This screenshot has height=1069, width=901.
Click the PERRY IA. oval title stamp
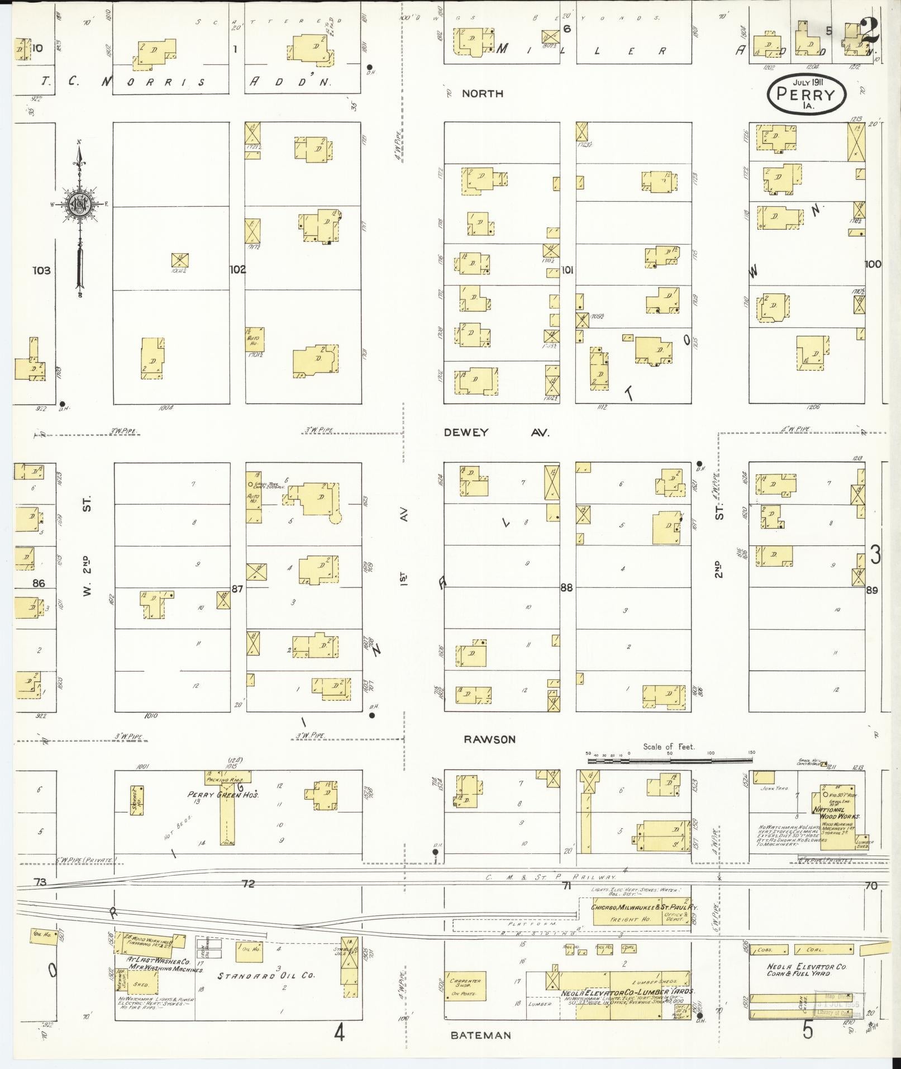point(807,94)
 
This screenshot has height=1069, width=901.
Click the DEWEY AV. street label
point(497,433)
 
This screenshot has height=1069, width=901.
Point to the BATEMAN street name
point(481,1035)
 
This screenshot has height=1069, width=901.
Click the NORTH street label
point(483,93)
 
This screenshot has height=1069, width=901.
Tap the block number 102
point(237,269)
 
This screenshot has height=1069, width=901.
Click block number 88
point(566,587)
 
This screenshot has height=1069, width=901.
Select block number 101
point(567,270)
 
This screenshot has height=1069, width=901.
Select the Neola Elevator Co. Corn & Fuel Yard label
point(807,970)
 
